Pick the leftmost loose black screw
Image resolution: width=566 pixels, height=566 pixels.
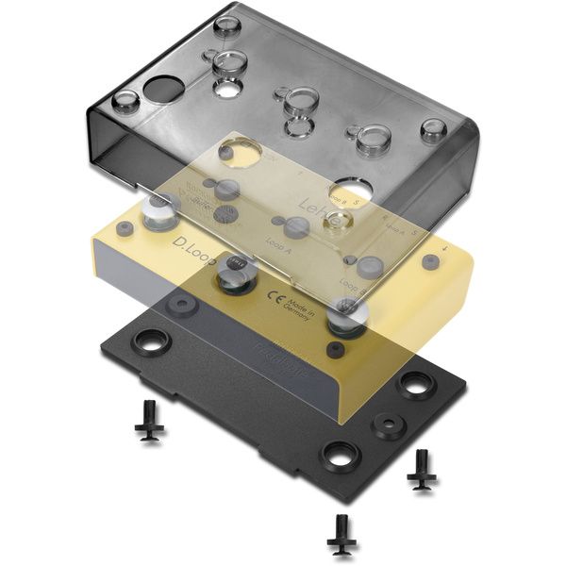[x=148, y=421]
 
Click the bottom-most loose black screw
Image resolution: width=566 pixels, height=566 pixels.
[x=340, y=534]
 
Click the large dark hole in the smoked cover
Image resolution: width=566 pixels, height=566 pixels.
[x=163, y=91]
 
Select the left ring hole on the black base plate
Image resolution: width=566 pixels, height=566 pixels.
[x=151, y=339]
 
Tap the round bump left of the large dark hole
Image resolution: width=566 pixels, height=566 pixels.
[x=124, y=101]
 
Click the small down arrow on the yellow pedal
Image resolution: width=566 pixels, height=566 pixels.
[x=444, y=250]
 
